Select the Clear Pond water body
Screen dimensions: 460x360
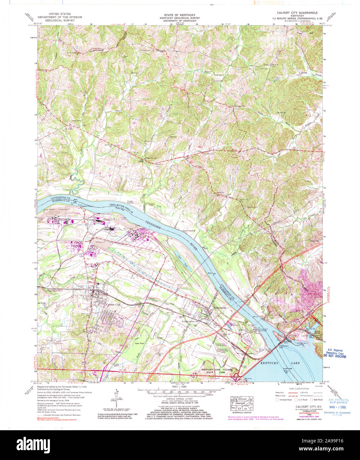pos(180,258)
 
